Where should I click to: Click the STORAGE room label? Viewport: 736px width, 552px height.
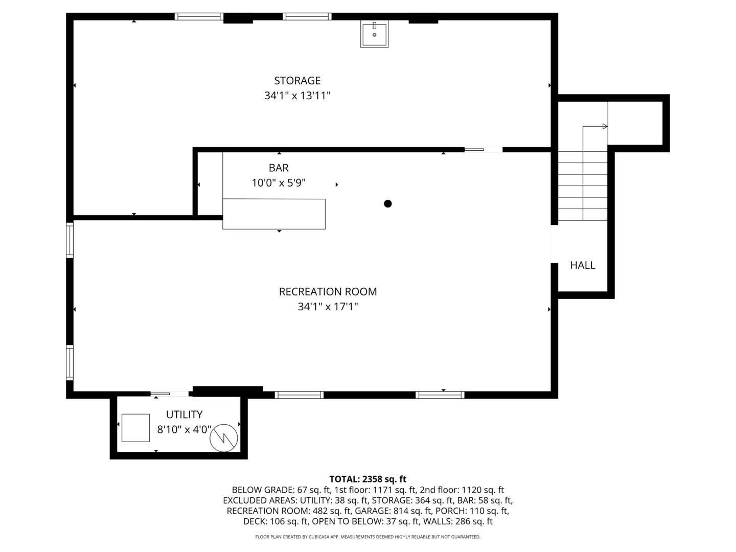pos(297,81)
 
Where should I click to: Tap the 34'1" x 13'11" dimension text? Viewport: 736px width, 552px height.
pos(297,96)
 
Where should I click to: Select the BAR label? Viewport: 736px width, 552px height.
pos(279,168)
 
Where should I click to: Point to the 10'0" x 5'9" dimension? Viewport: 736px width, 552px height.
pos(279,183)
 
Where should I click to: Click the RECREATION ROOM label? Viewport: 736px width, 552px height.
pos(328,292)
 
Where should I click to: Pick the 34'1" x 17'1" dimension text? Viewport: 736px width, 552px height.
pos(328,307)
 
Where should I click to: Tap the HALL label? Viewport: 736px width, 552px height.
pos(582,265)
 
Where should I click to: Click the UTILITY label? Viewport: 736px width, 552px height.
pos(184,415)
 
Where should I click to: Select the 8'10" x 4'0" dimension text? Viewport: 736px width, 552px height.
pos(184,429)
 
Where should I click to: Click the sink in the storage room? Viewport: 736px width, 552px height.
pos(374,34)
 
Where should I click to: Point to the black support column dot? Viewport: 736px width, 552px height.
pos(387,204)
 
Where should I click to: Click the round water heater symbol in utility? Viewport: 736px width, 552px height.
pos(224,438)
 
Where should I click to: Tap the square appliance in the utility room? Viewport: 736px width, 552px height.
pos(135,428)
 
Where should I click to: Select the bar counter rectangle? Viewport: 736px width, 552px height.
pos(274,214)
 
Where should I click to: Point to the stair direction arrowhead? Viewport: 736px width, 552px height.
pos(605,126)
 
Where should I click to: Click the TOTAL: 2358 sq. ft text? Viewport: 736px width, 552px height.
pos(367,479)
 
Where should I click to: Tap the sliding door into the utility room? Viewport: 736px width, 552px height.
pos(170,394)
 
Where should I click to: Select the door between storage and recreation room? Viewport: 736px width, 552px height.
pos(483,150)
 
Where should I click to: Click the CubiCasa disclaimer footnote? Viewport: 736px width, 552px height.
pos(367,537)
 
